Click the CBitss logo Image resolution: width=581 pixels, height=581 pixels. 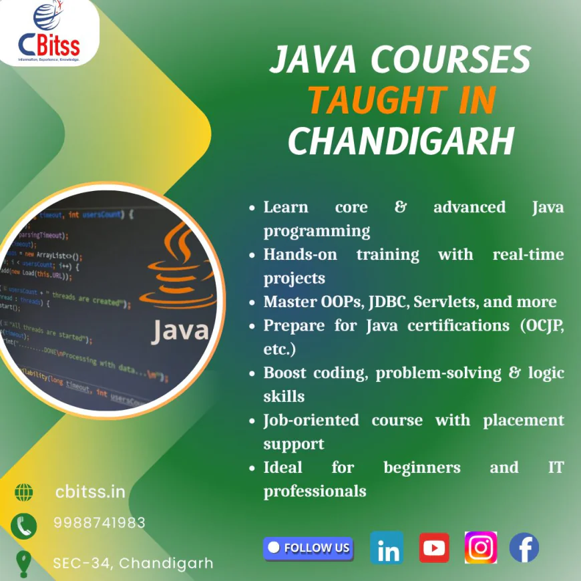48,33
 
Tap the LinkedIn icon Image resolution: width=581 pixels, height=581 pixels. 387,548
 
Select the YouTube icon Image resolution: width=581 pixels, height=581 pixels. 434,548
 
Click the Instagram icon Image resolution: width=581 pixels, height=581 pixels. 481,548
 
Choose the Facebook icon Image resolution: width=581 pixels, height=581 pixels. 524,548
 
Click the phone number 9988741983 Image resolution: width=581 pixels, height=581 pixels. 100,523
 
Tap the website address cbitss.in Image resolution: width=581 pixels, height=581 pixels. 90,492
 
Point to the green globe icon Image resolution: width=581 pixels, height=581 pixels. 24,493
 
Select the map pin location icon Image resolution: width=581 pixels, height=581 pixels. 24,563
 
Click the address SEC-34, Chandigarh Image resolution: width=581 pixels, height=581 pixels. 133,563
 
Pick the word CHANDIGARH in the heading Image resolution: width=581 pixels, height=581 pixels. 401,141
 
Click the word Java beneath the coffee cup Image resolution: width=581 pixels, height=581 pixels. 180,331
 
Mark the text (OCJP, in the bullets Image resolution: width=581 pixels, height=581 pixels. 540,326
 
